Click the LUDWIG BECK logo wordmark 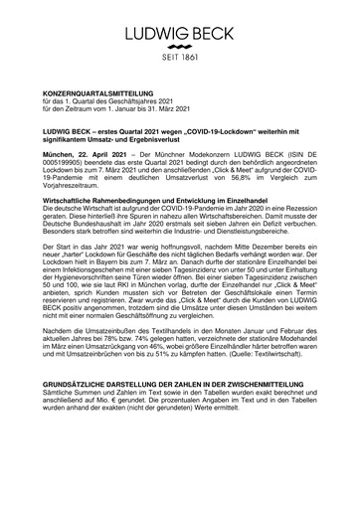(x=180, y=32)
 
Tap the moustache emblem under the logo (x=180, y=47)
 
